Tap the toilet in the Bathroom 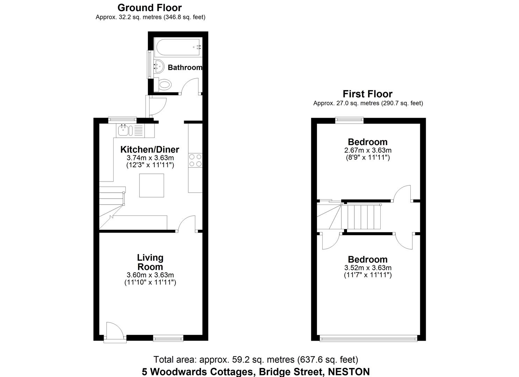[164, 84]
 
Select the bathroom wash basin [159, 66]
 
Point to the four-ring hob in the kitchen [195, 160]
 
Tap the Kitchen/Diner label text [150, 149]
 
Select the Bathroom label [185, 68]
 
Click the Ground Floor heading [150, 8]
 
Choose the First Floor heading [367, 94]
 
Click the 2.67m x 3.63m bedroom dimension [368, 150]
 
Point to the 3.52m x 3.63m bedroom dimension [368, 268]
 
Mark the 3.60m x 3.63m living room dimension [150, 275]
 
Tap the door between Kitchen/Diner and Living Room [187, 224]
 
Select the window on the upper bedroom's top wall [349, 120]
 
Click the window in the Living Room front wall [168, 338]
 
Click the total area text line [256, 360]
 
